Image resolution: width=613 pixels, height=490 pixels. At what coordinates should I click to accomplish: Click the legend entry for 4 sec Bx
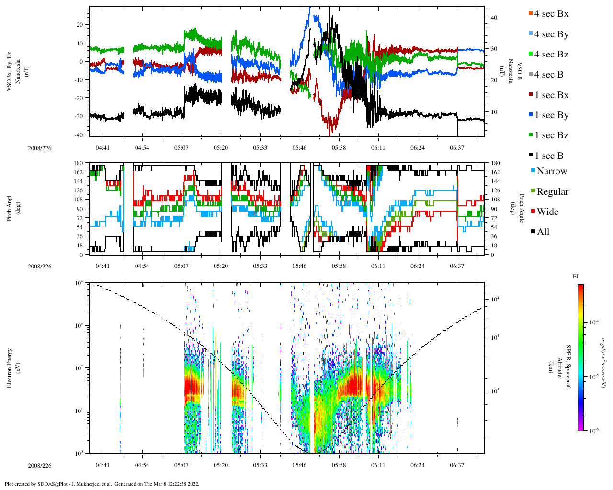click(x=551, y=14)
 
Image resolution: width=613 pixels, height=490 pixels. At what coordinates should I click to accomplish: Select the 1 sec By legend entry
click(x=551, y=115)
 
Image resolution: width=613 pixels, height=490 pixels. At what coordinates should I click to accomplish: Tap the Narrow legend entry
click(x=551, y=171)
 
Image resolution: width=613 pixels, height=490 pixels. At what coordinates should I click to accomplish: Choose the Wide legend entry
click(x=547, y=212)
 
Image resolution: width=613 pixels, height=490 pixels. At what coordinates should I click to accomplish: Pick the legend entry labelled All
click(x=543, y=232)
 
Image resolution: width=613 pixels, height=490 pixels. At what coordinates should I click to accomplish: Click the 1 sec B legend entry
click(x=549, y=156)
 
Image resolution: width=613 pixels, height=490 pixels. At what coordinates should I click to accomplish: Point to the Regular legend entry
click(x=552, y=192)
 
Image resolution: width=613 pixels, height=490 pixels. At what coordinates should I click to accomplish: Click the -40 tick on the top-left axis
click(x=79, y=134)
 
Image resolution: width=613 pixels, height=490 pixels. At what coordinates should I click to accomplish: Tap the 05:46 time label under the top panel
click(x=299, y=148)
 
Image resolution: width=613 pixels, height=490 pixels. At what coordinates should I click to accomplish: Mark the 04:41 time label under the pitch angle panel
click(x=102, y=266)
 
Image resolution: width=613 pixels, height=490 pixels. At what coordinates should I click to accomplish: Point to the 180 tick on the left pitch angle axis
click(x=78, y=163)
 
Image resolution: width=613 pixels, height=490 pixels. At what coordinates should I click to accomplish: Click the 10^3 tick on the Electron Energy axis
click(x=78, y=325)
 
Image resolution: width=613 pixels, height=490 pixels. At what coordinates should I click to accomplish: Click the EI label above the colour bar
click(x=576, y=277)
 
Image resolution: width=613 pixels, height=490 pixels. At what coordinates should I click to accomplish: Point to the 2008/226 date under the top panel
click(x=39, y=148)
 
